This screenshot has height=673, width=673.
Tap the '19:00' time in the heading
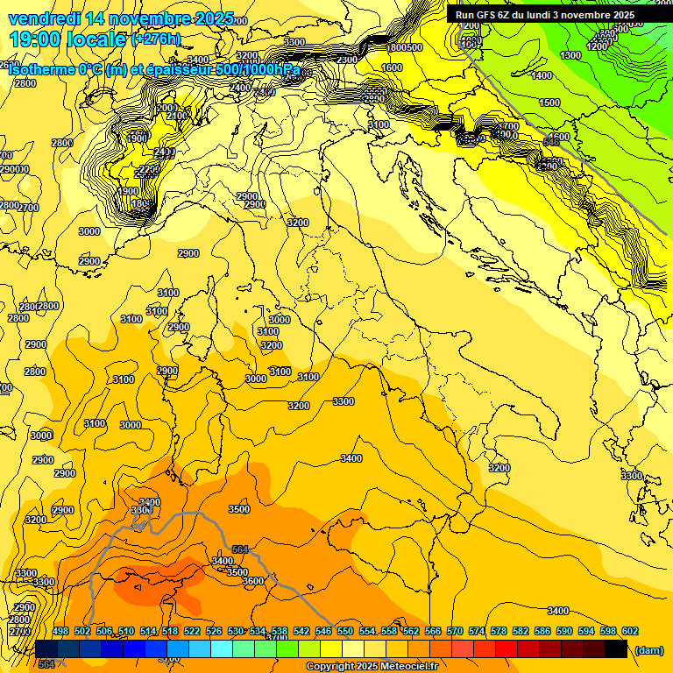pyautogui.click(x=34, y=39)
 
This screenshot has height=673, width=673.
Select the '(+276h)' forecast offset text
pyautogui.click(x=156, y=39)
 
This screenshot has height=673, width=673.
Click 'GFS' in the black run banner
pyautogui.click(x=492, y=15)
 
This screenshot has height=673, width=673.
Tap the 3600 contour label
pyautogui.click(x=252, y=581)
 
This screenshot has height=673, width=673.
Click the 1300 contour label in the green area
pyautogui.click(x=570, y=55)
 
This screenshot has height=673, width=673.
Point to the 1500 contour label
pyautogui.click(x=549, y=103)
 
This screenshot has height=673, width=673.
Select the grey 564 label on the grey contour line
pyautogui.click(x=240, y=549)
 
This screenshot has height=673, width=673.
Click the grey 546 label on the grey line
pyautogui.click(x=551, y=141)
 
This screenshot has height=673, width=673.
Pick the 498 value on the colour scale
pyautogui.click(x=60, y=631)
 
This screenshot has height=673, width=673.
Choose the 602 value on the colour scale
pyautogui.click(x=630, y=631)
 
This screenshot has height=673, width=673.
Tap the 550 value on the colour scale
pyautogui.click(x=345, y=631)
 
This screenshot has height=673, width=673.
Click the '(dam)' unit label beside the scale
pyautogui.click(x=648, y=649)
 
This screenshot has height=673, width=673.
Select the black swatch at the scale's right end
pyautogui.click(x=616, y=648)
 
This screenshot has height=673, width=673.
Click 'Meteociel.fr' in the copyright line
pyautogui.click(x=409, y=667)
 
